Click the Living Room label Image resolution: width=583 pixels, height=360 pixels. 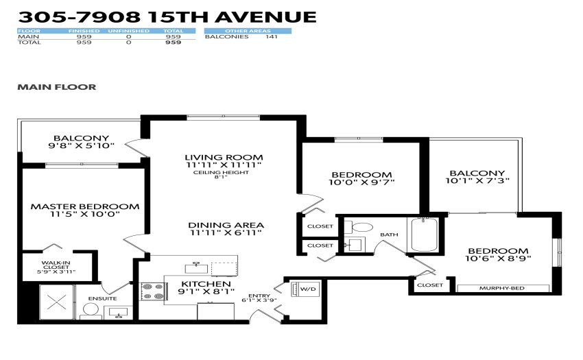(224, 157)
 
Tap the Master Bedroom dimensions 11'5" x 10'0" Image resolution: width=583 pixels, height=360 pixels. (85, 214)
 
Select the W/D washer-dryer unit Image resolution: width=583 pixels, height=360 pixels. (305, 289)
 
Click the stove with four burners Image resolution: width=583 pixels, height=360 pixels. (153, 291)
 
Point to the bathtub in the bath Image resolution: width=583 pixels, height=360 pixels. (425, 235)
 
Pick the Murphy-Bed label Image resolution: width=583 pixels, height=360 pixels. (501, 288)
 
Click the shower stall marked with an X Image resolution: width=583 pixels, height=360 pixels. (57, 302)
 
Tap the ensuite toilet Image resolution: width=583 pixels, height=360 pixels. (91, 311)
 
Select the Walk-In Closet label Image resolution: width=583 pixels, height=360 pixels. (56, 265)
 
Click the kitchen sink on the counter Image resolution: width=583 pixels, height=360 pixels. (196, 267)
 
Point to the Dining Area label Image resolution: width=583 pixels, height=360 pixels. (226, 225)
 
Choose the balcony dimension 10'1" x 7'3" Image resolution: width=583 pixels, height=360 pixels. (477, 181)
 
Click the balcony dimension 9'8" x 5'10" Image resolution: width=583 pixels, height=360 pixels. (81, 146)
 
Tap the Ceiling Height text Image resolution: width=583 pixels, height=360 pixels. (221, 173)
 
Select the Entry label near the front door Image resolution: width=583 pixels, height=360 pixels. (259, 296)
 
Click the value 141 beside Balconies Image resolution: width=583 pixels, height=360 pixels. (272, 36)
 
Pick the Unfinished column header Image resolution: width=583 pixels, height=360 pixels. (129, 31)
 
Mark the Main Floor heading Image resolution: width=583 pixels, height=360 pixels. (57, 87)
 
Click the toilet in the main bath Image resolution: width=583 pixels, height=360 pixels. (359, 227)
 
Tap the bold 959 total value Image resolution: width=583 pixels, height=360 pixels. (174, 43)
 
